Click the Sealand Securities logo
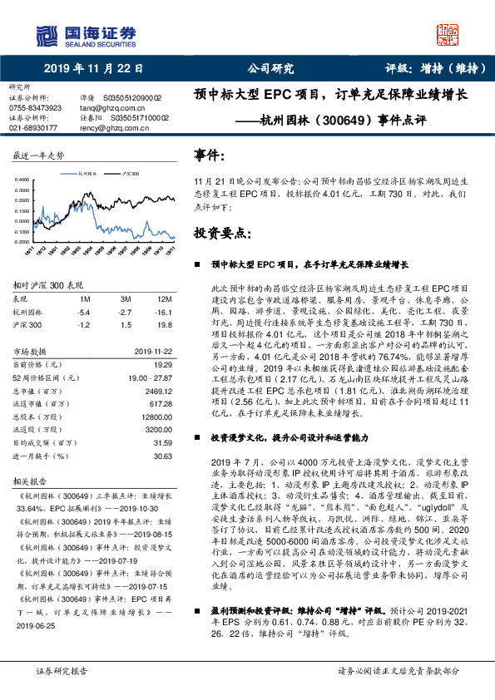point(83,35)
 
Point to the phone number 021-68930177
point(34,128)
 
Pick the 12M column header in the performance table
point(164,298)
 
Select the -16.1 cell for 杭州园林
point(163,310)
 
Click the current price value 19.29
point(162,364)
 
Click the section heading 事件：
point(210,155)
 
